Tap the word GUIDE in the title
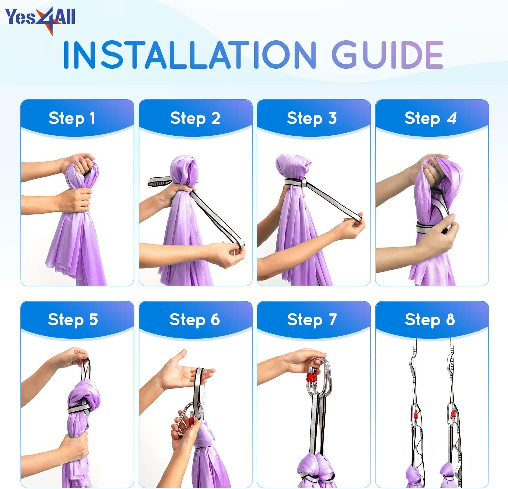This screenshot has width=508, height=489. point(387,55)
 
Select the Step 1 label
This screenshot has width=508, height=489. point(72,118)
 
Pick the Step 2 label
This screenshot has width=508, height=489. point(195,118)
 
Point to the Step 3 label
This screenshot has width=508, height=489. point(312,118)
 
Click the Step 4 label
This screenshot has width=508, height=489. point(430,118)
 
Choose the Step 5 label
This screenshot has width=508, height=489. point(73,320)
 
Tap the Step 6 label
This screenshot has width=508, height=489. point(195,320)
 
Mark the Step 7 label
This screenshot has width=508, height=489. point(312,320)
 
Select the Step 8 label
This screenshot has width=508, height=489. point(430,320)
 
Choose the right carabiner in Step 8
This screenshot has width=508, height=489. point(452,416)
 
